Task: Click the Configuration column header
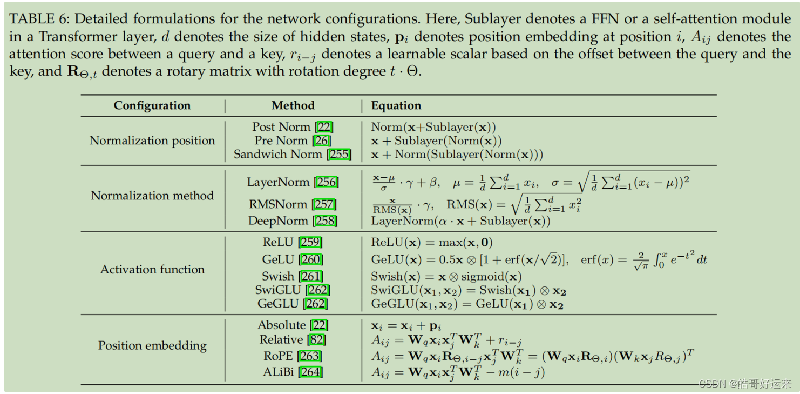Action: tap(152, 105)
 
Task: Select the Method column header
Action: tap(293, 105)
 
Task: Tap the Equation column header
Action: tap(396, 105)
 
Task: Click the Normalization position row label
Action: tap(152, 141)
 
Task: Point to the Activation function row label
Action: tap(152, 269)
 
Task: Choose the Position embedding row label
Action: tap(152, 345)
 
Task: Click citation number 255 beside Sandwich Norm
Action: tap(340, 155)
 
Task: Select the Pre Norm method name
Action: tap(281, 141)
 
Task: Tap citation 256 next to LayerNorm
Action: tap(327, 182)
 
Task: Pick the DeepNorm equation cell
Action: tap(460, 221)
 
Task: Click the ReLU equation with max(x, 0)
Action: tap(432, 243)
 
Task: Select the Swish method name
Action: tap(278, 276)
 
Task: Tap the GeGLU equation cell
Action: tap(467, 304)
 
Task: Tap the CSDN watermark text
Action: tap(745, 384)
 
